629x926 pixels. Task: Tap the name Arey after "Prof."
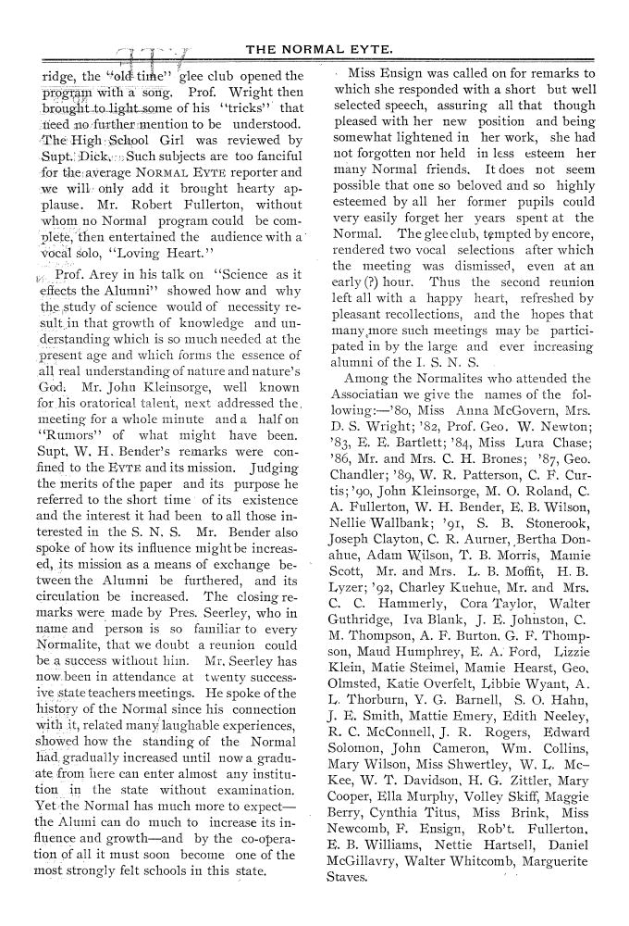tap(110, 274)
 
